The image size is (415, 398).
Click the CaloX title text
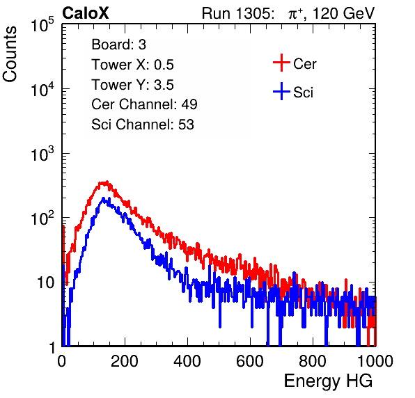[86, 13]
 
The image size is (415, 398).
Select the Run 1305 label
[237, 13]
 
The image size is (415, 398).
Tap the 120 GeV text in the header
[344, 13]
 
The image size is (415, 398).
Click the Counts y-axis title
[10, 54]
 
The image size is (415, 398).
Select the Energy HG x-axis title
[328, 381]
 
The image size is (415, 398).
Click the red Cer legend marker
[281, 63]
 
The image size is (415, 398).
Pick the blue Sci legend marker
[281, 91]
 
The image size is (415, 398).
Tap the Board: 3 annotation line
[118, 45]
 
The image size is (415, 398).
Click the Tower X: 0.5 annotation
[132, 65]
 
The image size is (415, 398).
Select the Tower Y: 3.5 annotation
[132, 85]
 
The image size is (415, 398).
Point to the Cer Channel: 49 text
[144, 104]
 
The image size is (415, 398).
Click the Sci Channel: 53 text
[143, 125]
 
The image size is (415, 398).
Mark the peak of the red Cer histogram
[107, 182]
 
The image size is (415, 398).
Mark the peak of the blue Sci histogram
[103, 198]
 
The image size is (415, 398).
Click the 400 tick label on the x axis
[187, 361]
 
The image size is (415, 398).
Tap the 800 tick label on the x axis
[313, 361]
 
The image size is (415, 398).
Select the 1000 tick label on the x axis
[375, 361]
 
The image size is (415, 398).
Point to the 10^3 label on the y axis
[43, 153]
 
